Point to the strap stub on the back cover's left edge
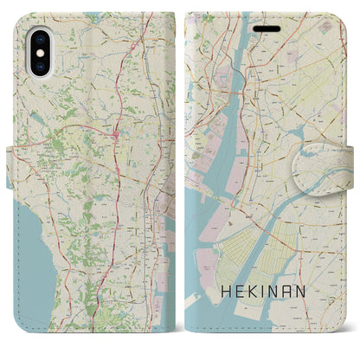coord(12,157)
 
